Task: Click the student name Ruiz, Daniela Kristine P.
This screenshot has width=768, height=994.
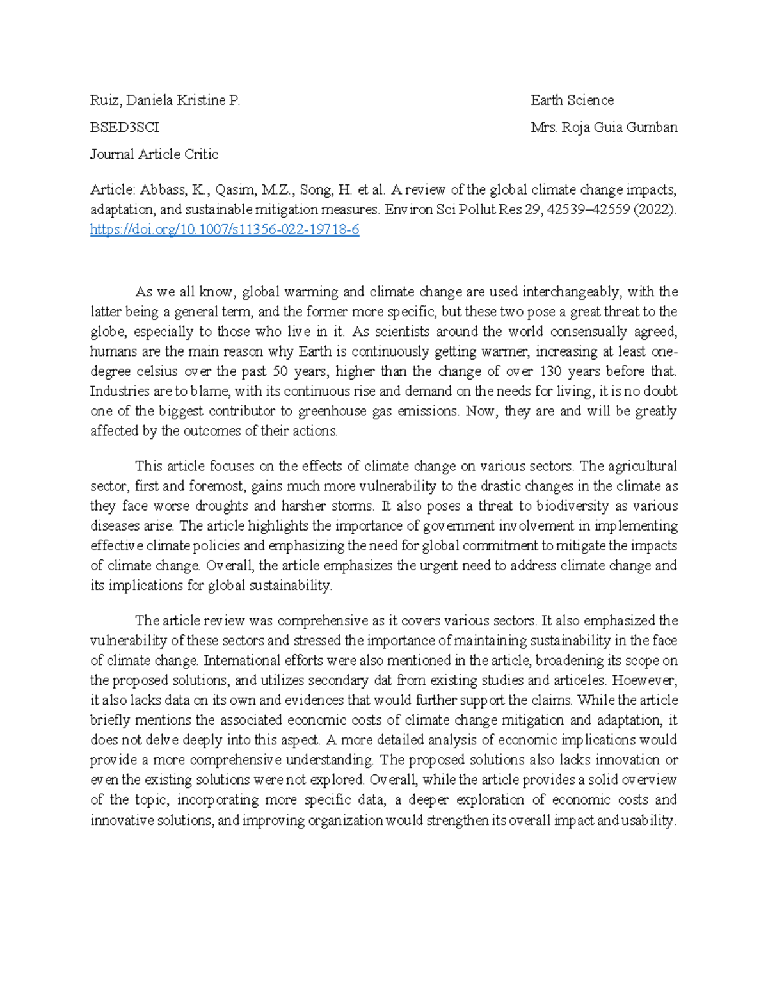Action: click(x=165, y=100)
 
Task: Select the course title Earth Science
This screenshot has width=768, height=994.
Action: click(x=572, y=100)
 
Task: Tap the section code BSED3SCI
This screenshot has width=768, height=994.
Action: click(x=125, y=127)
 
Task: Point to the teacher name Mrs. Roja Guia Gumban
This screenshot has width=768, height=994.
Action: click(x=604, y=127)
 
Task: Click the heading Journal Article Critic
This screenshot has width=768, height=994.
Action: click(x=154, y=154)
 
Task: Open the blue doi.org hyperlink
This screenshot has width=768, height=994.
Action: click(x=225, y=230)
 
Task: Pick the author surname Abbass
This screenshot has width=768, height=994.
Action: click(x=162, y=189)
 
